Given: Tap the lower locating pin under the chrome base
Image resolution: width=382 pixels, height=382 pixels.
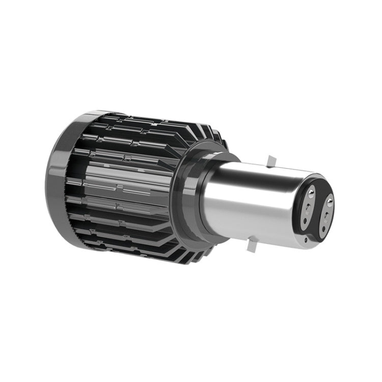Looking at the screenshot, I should [249, 246].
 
